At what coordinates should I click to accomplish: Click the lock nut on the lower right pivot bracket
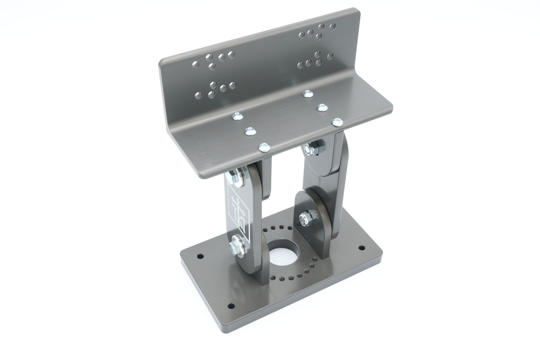click(x=305, y=218)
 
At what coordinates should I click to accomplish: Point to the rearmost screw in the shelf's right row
click(x=308, y=94)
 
